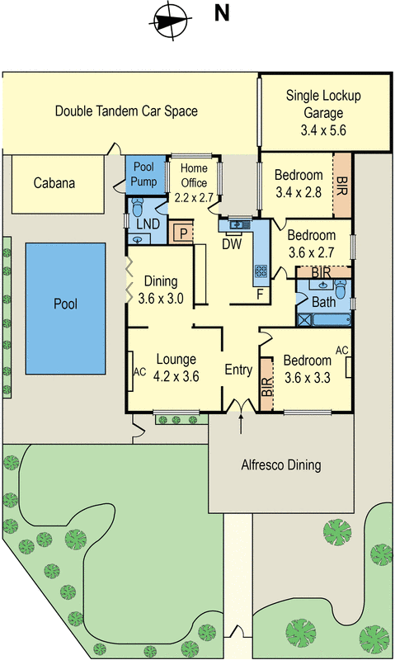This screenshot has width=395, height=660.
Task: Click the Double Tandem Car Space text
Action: (x=126, y=111)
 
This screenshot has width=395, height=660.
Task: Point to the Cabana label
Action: (x=54, y=183)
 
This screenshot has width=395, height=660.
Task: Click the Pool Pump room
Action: (x=144, y=173)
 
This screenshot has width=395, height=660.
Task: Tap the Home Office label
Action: (x=195, y=183)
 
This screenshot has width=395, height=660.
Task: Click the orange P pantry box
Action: (x=181, y=233)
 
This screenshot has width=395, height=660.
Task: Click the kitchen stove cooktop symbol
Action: (x=261, y=270)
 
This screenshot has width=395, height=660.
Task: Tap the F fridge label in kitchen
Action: (x=260, y=294)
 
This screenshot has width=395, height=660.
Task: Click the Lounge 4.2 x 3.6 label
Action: (x=176, y=366)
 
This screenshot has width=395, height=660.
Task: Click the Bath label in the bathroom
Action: (x=324, y=302)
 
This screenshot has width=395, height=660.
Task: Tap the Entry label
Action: (x=238, y=370)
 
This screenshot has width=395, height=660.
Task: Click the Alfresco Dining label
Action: (x=280, y=465)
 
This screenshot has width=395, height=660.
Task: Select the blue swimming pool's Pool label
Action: (x=65, y=304)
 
